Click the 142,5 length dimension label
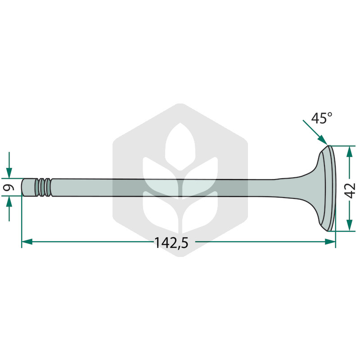(171, 243)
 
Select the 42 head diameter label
(351, 190)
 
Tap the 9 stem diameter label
(9, 188)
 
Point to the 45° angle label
(322, 118)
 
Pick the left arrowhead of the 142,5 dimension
(27, 242)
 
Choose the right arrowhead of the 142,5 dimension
(330, 242)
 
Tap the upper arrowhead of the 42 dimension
(350, 151)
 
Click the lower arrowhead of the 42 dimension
(350, 225)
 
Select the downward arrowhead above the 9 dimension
(9, 173)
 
